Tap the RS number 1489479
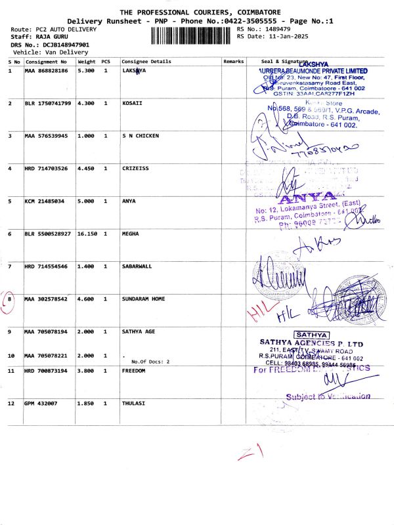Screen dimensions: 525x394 [276, 30]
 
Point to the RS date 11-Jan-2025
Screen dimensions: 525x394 [280, 37]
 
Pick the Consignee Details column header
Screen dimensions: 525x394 [146, 61]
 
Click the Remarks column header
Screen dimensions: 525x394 [233, 61]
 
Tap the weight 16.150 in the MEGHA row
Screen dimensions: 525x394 [88, 233]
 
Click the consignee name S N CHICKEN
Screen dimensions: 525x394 [141, 136]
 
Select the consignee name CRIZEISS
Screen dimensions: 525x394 [136, 169]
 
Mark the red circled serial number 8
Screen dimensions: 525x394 [10, 299]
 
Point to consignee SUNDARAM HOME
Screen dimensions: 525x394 [146, 299]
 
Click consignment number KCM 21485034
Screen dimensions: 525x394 [45, 201]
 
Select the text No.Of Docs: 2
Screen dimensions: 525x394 [150, 362]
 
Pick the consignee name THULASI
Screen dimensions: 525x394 [134, 402]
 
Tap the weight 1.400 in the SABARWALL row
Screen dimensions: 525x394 [86, 266]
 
